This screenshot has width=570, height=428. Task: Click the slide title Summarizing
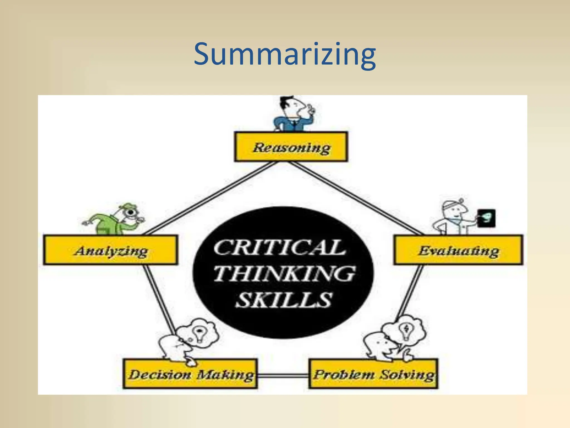click(285, 54)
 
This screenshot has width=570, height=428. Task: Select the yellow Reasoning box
click(291, 147)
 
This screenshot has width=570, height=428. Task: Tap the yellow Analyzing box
click(110, 250)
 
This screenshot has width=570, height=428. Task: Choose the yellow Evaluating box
click(458, 250)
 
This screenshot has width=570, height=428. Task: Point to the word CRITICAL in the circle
click(279, 247)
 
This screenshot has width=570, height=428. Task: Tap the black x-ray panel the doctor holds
click(486, 218)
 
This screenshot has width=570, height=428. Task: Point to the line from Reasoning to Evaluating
click(356, 198)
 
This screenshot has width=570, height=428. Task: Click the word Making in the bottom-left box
click(225, 374)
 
